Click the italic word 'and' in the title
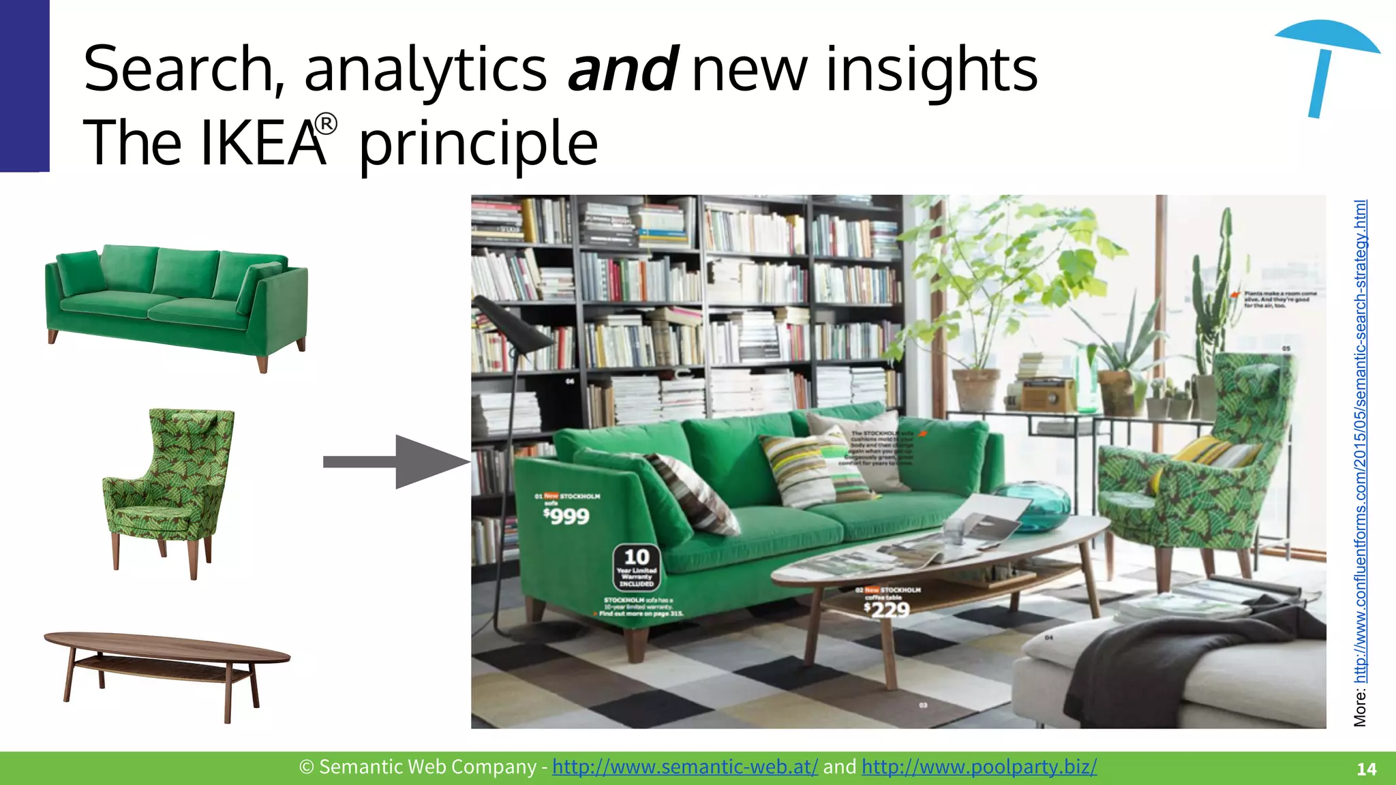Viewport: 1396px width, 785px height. point(622,70)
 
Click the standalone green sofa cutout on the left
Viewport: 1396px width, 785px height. point(176,305)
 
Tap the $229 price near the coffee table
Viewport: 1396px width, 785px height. point(886,609)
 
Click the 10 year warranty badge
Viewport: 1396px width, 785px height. point(637,567)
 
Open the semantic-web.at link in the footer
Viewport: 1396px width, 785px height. point(684,767)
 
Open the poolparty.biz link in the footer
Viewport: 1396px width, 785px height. point(979,767)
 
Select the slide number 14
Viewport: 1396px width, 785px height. point(1366,769)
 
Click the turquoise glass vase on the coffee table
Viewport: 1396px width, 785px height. point(1032,505)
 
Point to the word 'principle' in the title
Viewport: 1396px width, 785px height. point(478,143)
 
